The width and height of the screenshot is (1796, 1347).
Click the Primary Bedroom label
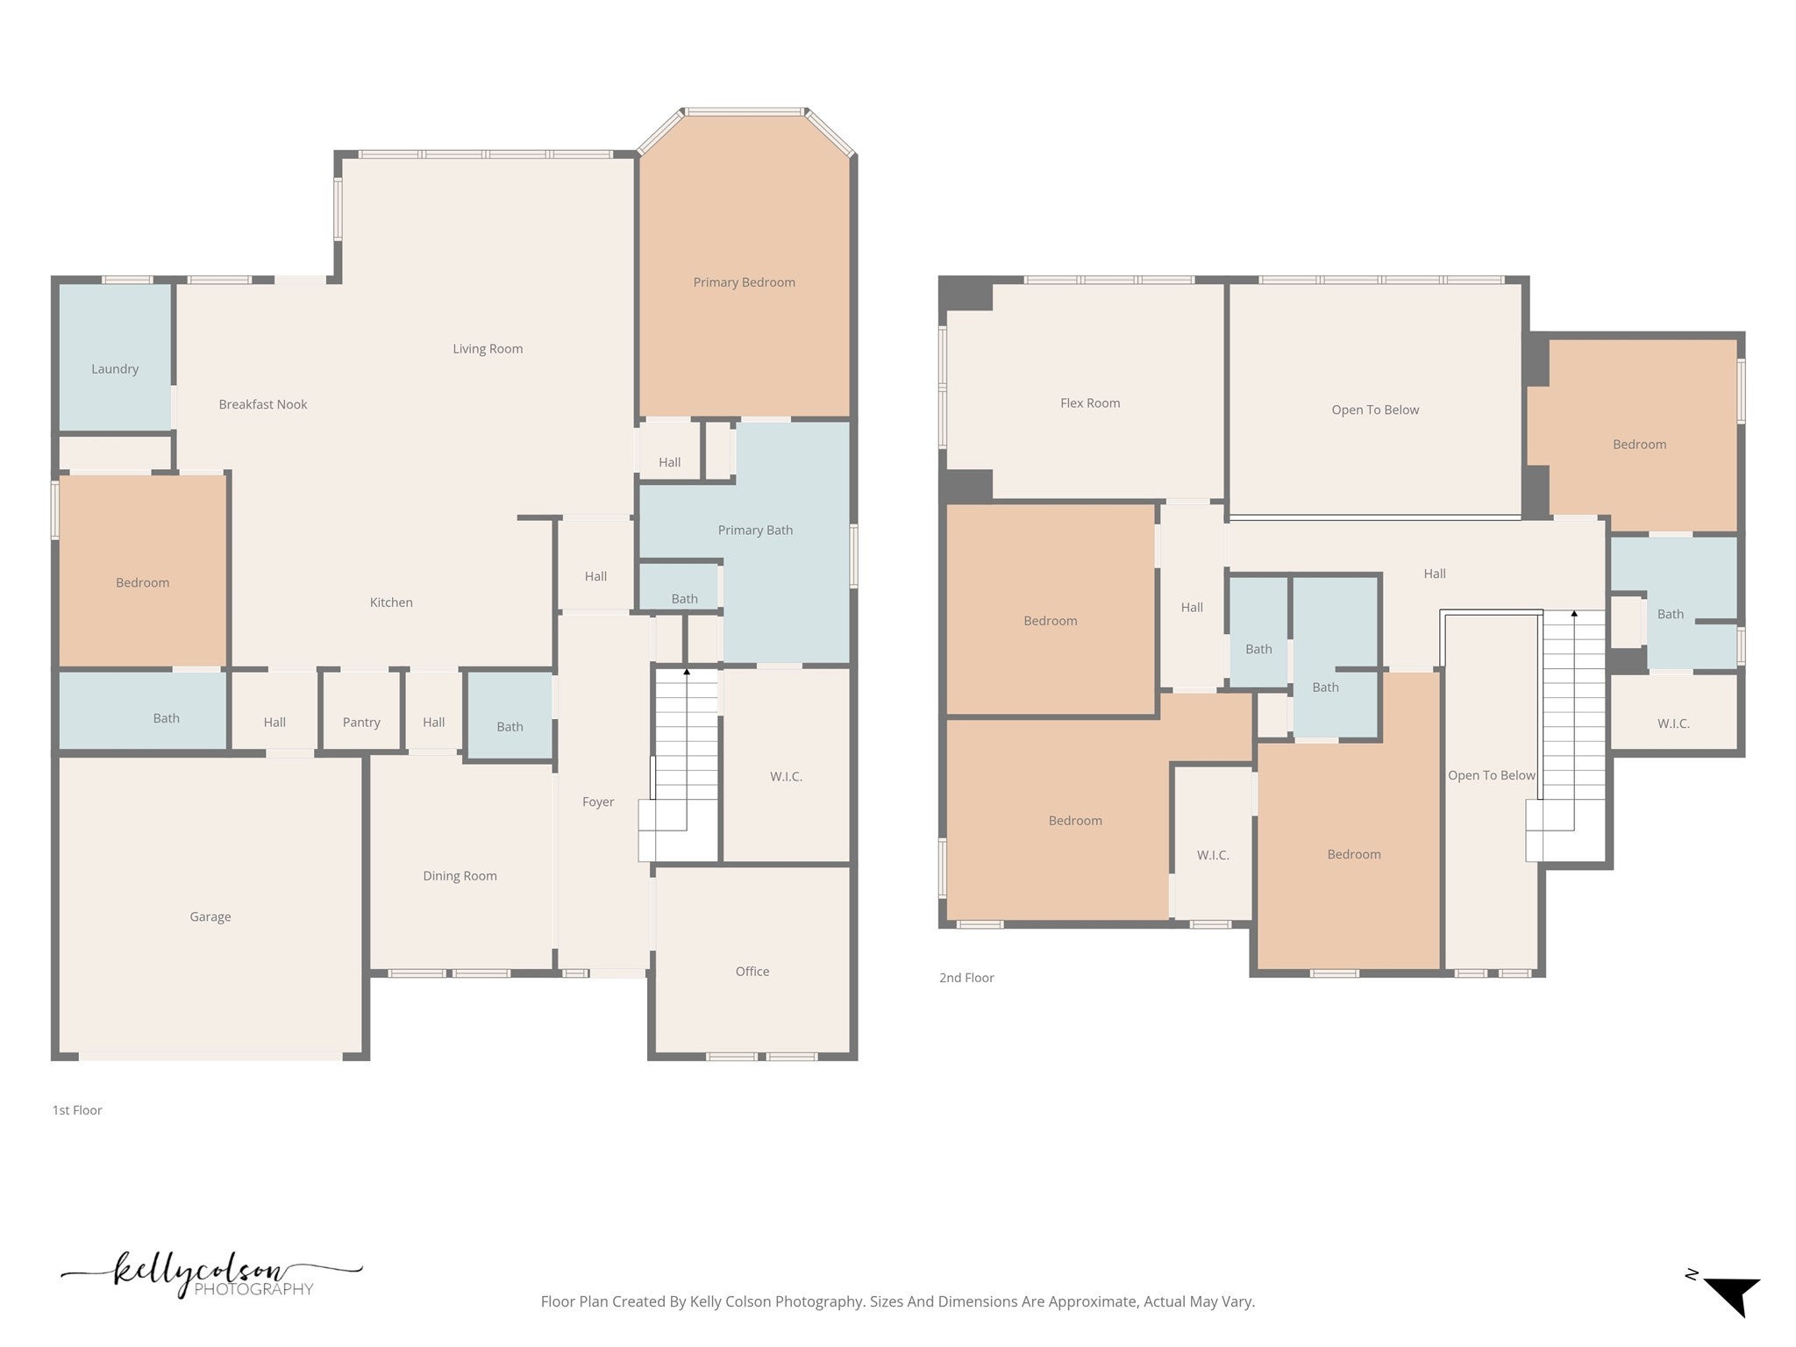(x=744, y=282)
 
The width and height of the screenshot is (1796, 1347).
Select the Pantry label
(x=361, y=723)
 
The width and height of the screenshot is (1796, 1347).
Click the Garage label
(x=210, y=917)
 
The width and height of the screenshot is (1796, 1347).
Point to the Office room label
(x=752, y=972)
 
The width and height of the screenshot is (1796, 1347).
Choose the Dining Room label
(x=460, y=876)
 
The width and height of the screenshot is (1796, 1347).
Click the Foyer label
(x=598, y=802)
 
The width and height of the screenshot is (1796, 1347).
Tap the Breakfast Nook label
(x=263, y=404)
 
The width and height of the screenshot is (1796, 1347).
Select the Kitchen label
(x=391, y=602)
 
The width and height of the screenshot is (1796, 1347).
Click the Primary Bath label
(x=755, y=531)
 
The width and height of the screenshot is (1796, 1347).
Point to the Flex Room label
(x=1090, y=403)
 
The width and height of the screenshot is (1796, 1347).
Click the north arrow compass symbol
(x=1731, y=1297)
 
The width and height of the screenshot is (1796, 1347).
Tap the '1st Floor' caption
(x=77, y=1110)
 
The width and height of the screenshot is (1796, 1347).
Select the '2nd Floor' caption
(x=966, y=978)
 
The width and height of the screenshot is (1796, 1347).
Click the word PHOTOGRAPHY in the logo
(x=253, y=1289)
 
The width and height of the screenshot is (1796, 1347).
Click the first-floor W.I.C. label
(x=786, y=777)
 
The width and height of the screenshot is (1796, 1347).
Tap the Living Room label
(x=488, y=349)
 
